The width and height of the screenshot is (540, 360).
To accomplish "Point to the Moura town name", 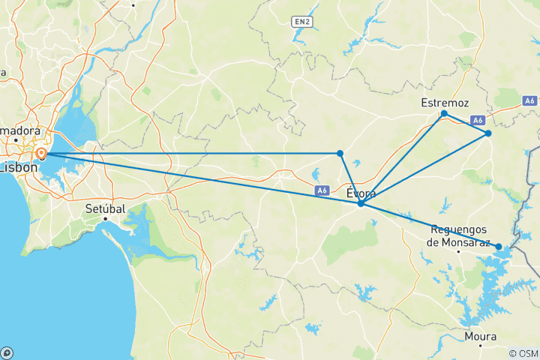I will [x=481, y=336].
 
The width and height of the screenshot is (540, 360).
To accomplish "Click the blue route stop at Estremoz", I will [x=444, y=113].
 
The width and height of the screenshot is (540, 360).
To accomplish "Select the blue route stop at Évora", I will [x=361, y=203].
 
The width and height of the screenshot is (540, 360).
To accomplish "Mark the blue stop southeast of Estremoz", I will [x=488, y=133].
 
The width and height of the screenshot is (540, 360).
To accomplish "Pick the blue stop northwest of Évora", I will [x=340, y=153].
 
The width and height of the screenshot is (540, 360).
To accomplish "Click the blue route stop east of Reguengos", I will [x=499, y=246].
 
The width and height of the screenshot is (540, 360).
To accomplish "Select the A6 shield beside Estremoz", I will [x=478, y=119].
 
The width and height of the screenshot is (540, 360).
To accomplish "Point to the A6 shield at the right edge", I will [x=530, y=100].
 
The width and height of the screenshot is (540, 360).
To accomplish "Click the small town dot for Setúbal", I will [x=106, y=218].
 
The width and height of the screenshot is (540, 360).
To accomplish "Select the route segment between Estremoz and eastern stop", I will [x=466, y=124].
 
